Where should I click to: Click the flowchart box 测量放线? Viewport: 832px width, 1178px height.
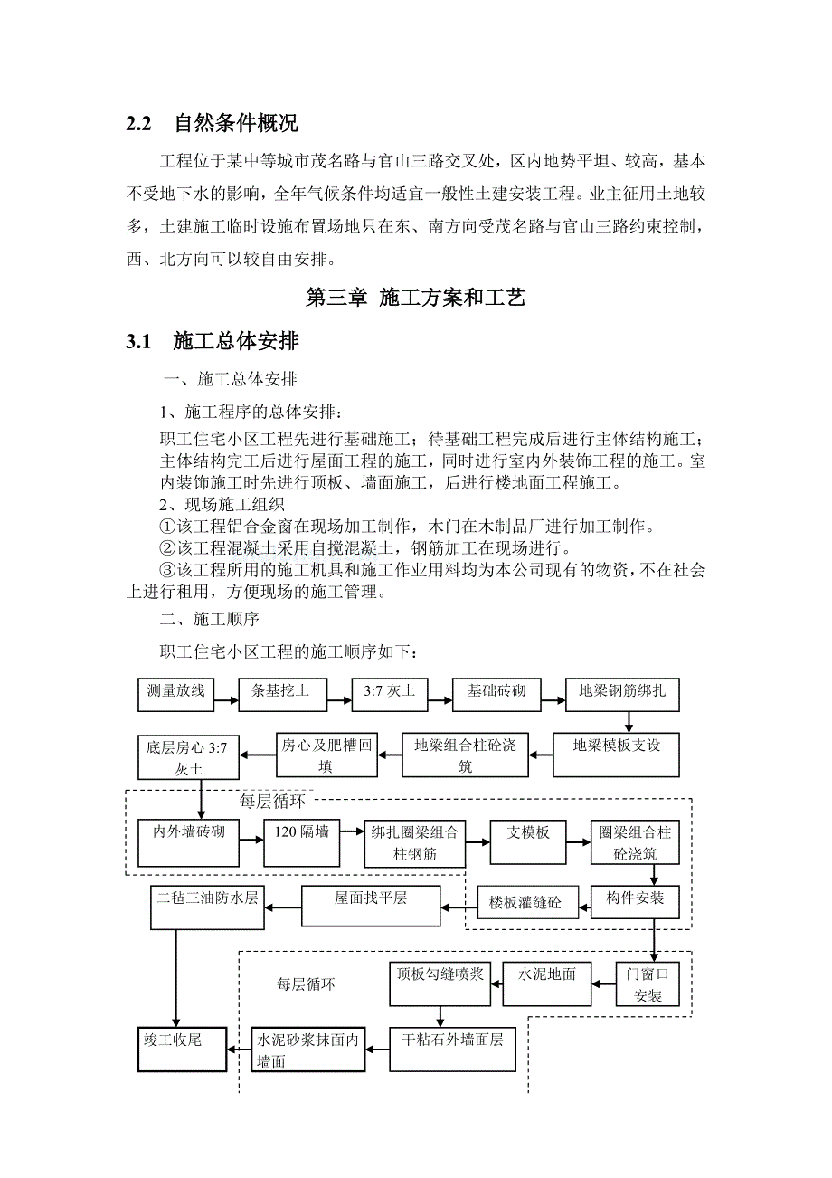[176, 693]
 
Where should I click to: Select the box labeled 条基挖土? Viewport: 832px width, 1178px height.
[280, 693]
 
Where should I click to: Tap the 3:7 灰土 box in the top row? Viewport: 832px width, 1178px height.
[389, 693]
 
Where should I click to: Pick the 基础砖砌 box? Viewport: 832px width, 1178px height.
[496, 693]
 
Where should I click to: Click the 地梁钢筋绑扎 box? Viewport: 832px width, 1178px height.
[622, 693]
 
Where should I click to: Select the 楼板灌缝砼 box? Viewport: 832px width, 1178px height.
[527, 902]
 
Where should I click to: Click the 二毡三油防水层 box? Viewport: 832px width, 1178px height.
[207, 905]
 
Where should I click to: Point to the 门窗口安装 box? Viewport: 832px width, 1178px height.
[648, 983]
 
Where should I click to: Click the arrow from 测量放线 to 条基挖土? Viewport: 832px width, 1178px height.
[226, 693]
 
